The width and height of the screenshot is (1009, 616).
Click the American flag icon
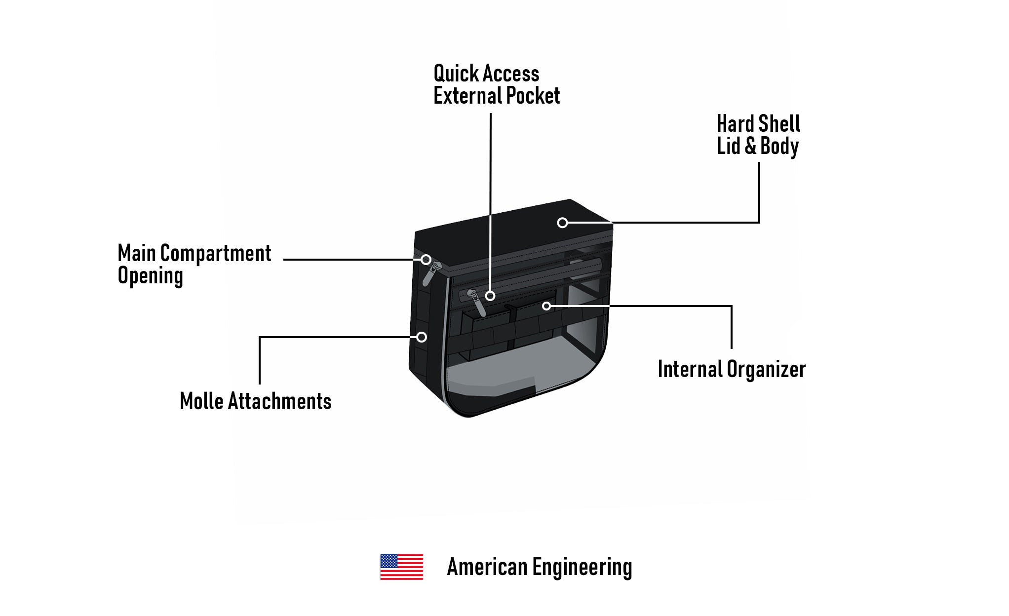tap(401, 567)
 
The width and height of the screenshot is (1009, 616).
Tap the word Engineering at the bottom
tap(582, 567)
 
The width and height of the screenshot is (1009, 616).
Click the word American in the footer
tap(487, 567)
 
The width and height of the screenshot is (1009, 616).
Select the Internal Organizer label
tap(732, 369)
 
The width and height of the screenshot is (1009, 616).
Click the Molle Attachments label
tap(255, 401)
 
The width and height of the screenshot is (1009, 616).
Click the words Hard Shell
tap(758, 123)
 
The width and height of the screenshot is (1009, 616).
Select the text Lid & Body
tap(757, 146)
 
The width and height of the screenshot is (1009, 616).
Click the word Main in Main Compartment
tap(137, 253)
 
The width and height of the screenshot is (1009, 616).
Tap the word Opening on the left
tap(150, 276)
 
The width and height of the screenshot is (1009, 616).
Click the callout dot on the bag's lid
tap(562, 223)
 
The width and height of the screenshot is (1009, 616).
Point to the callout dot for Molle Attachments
tap(422, 337)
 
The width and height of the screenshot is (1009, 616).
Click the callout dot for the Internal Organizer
tap(546, 307)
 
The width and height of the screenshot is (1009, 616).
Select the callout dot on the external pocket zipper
tap(490, 296)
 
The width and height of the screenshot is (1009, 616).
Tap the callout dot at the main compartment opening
tap(426, 260)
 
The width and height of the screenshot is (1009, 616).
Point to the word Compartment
tap(216, 253)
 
